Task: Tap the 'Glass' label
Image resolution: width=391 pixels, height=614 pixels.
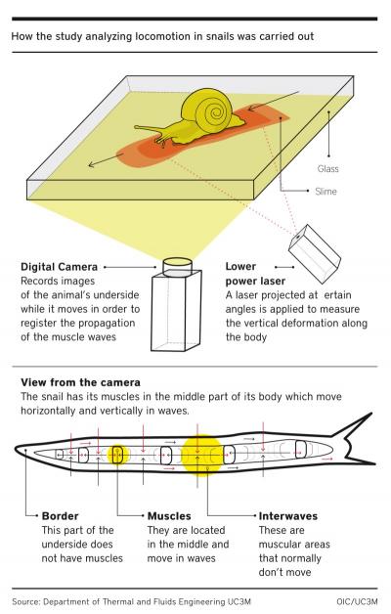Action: pyautogui.click(x=327, y=169)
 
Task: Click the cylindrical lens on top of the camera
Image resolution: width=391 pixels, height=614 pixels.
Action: pyautogui.click(x=175, y=264)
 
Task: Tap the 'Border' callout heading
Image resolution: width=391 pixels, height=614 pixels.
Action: pyautogui.click(x=60, y=515)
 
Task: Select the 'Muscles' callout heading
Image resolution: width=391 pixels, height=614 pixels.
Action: pyautogui.click(x=169, y=515)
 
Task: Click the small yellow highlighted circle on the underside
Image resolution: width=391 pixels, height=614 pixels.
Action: pyautogui.click(x=118, y=455)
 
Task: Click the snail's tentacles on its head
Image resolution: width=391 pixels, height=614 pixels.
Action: pyautogui.click(x=147, y=130)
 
